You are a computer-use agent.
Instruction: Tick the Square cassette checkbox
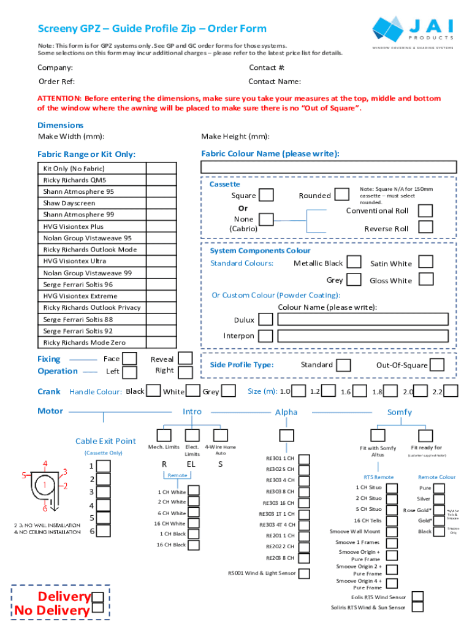click(x=267, y=195)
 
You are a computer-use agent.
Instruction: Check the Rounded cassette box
click(x=341, y=195)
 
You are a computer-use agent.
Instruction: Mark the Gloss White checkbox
click(x=426, y=280)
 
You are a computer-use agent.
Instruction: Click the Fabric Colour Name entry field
click(x=329, y=167)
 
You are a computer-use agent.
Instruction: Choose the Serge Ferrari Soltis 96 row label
click(x=78, y=285)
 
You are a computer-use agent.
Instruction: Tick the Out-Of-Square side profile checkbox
click(x=437, y=365)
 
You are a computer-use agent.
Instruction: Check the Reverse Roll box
click(x=426, y=228)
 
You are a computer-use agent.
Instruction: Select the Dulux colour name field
click(x=367, y=320)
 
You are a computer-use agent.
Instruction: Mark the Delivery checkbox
click(x=97, y=597)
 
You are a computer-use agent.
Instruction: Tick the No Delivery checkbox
click(x=97, y=610)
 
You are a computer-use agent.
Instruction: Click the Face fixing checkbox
click(x=130, y=358)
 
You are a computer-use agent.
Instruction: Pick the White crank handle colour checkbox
click(x=193, y=391)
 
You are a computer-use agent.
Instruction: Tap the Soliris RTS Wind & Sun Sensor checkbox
click(x=417, y=607)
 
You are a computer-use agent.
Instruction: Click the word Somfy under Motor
click(x=399, y=412)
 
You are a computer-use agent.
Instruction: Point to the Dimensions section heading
click(x=61, y=126)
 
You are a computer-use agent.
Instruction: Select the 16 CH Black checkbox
click(x=193, y=545)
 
